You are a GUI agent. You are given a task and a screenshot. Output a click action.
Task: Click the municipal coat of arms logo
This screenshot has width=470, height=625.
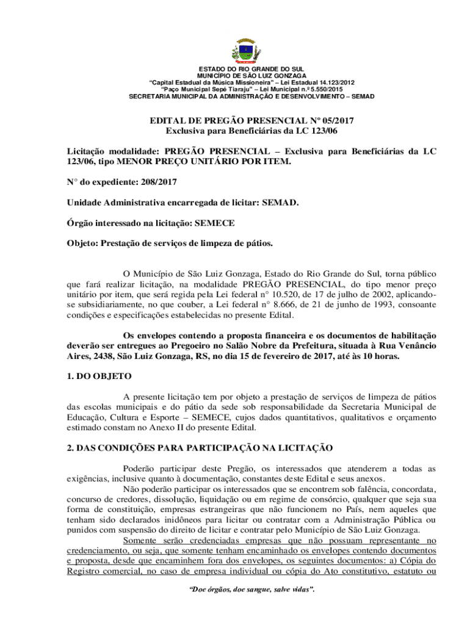tap(248, 50)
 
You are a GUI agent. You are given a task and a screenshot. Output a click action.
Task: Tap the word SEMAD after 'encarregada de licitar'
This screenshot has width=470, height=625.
tap(280, 202)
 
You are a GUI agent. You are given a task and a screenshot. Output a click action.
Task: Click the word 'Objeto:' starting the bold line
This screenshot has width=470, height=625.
tap(83, 244)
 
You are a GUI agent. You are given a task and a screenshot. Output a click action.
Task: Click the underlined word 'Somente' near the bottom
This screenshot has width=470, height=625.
tap(140, 523)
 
